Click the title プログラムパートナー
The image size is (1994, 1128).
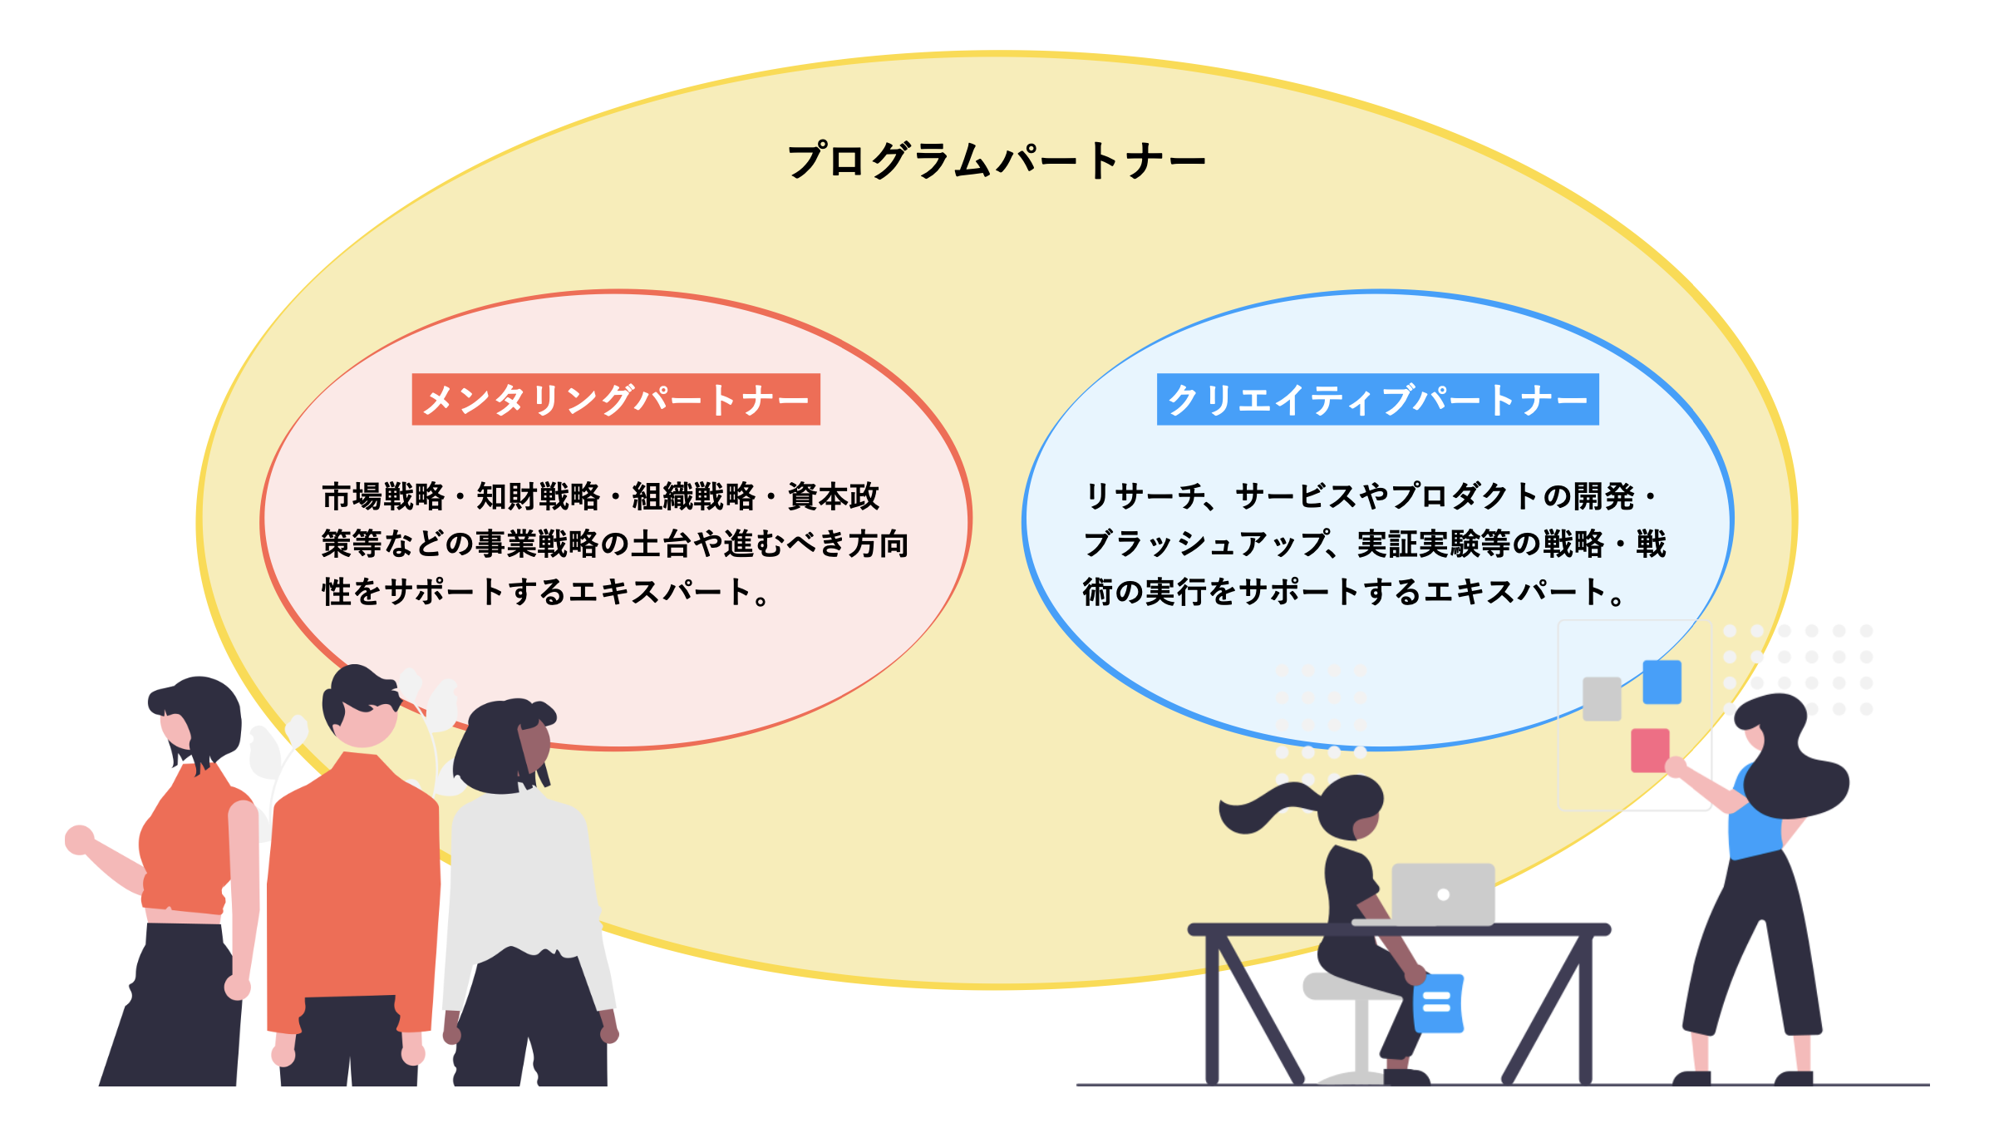[x=996, y=160]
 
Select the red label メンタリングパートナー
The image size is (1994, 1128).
[x=616, y=400]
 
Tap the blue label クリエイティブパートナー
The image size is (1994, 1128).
[x=1377, y=400]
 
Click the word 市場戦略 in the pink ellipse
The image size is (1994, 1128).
[x=383, y=496]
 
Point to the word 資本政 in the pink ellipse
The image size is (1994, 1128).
[x=833, y=496]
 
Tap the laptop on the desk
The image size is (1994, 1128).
[x=1442, y=894]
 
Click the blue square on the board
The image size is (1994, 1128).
[x=1662, y=682]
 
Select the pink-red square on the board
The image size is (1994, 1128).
[x=1650, y=750]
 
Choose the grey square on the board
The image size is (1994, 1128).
[x=1602, y=698]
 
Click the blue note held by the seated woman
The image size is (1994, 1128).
[x=1438, y=1003]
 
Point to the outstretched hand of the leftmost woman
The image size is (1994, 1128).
[x=79, y=840]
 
